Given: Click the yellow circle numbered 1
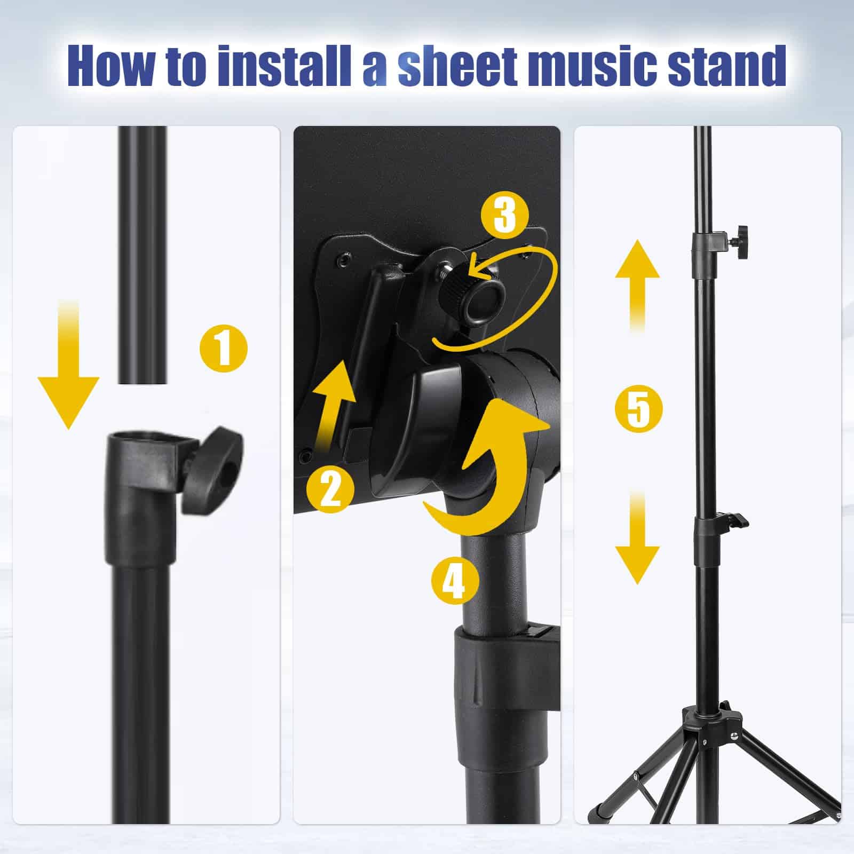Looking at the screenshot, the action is click(224, 348).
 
